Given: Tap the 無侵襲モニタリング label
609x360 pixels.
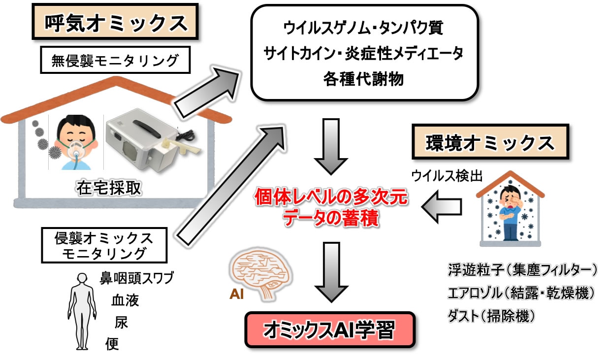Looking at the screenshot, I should [115, 61].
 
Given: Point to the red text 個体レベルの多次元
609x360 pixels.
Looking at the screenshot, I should [330, 198].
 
